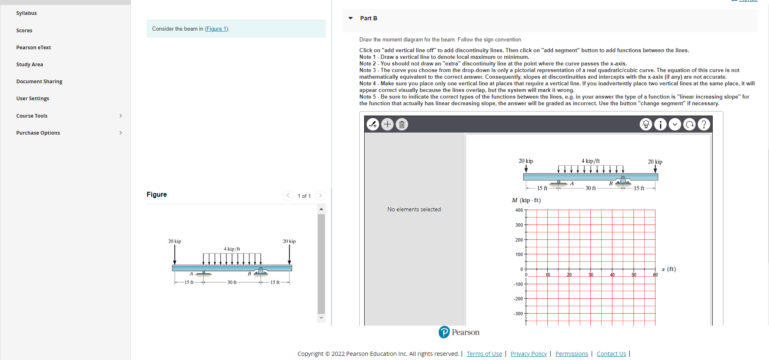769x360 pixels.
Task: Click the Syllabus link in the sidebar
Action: coord(27,13)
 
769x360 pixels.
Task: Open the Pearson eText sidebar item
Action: coord(34,48)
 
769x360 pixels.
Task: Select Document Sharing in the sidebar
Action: coord(39,82)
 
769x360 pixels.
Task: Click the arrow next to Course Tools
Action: coord(121,116)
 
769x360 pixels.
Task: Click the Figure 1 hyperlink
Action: coord(216,29)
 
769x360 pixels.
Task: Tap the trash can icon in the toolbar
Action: coord(401,124)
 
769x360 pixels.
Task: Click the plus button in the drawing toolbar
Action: coord(387,124)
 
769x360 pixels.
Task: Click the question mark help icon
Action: coord(704,124)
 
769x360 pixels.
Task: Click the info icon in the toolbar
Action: coord(660,124)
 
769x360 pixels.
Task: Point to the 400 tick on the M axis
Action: coord(519,210)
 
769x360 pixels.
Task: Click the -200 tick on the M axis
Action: coord(518,299)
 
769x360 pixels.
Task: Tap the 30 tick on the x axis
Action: coord(590,275)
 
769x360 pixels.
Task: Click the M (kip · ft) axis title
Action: coord(526,201)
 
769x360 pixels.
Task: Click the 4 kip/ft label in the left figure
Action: coord(232,249)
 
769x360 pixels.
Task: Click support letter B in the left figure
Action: coord(249,274)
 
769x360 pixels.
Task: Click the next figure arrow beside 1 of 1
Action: coord(320,196)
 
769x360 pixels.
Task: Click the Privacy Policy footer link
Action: coord(529,354)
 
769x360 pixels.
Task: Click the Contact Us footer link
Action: coord(611,354)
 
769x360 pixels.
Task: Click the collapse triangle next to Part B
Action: coord(351,18)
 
